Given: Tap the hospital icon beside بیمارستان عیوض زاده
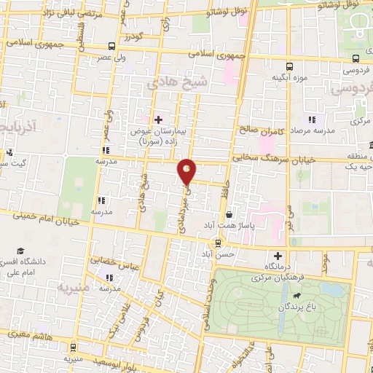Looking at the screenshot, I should pyautogui.click(x=158, y=119).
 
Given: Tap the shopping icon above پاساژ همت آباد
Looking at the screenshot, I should pyautogui.click(x=229, y=215).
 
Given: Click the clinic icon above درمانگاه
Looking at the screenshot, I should pyautogui.click(x=278, y=256).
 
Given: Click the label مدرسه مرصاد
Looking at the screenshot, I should pyautogui.click(x=313, y=130).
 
